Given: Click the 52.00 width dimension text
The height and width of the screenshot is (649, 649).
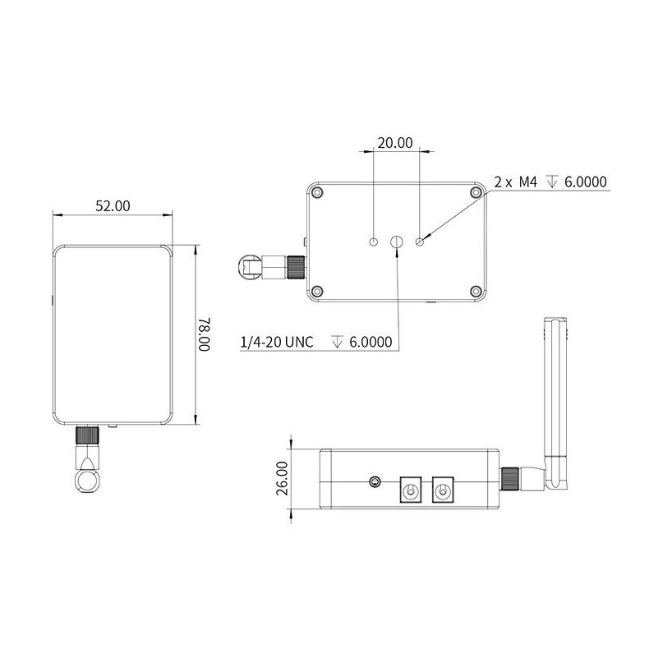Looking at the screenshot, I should (113, 206).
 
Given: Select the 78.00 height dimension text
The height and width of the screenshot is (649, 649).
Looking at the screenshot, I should (205, 335).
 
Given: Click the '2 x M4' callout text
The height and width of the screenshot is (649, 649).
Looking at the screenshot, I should (516, 182).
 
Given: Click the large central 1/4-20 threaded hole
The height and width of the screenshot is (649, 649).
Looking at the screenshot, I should (397, 242).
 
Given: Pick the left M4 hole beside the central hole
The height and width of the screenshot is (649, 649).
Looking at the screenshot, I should (373, 242).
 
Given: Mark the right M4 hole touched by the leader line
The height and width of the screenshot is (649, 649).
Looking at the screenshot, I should (421, 242).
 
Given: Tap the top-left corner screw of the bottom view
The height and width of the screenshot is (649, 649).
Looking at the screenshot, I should (316, 192).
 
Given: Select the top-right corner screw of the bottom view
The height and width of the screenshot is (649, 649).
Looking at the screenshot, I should (475, 192).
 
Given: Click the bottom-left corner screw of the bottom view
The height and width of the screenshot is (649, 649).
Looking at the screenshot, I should (316, 290).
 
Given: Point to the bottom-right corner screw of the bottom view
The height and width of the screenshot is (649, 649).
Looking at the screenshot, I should (475, 290).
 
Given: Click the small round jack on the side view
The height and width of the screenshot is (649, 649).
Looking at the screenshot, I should (376, 482).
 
